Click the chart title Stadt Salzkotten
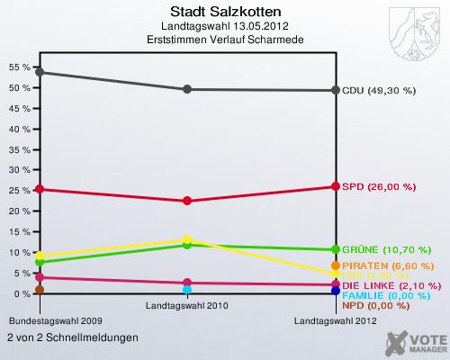click(x=225, y=13)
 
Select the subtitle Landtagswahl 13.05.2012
click(x=225, y=27)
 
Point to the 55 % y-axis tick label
click(x=18, y=67)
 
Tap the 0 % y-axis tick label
click(x=22, y=294)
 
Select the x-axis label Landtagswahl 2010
click(x=187, y=306)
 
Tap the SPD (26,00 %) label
click(x=379, y=186)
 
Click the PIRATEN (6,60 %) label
click(x=388, y=266)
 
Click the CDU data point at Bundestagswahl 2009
click(x=39, y=72)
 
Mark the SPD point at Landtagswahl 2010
click(x=187, y=201)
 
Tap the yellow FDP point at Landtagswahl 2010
click(x=187, y=240)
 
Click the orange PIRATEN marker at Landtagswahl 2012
click(x=336, y=266)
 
